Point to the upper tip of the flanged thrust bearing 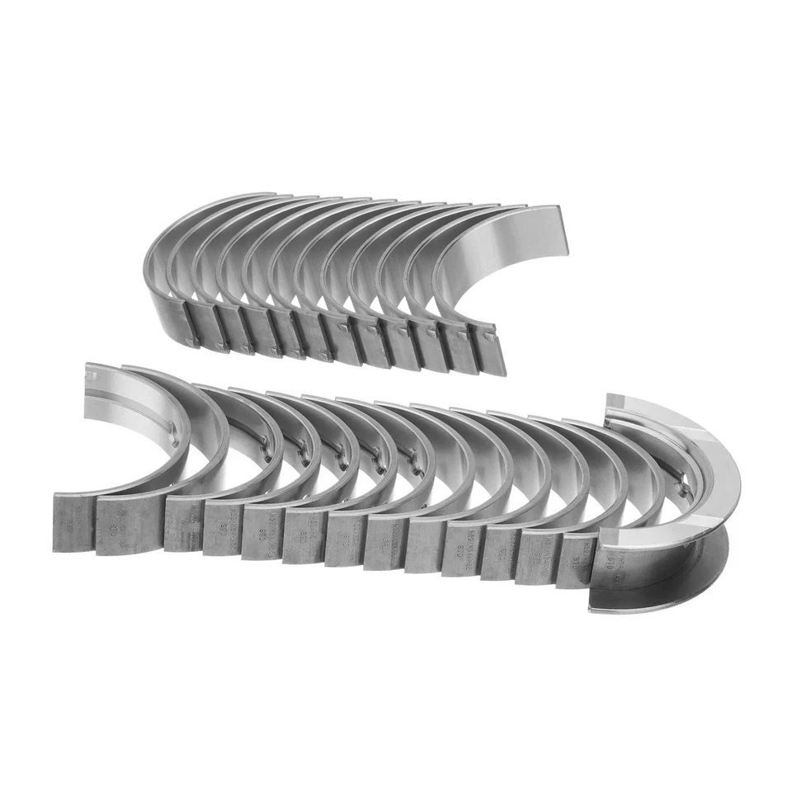pos(627,401)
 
